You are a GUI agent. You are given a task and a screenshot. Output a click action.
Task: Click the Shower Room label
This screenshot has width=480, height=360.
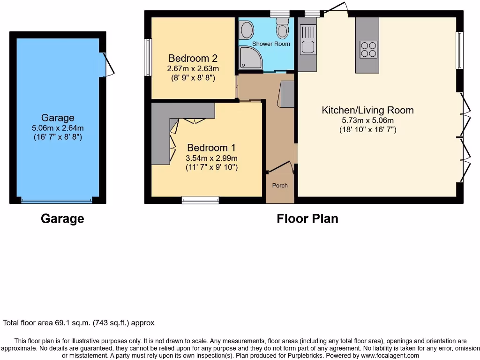tap(271, 44)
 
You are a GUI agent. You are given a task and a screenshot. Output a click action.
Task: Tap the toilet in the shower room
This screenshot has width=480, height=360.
tap(282, 29)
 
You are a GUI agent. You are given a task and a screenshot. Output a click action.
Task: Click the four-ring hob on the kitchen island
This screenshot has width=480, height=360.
tap(368, 50)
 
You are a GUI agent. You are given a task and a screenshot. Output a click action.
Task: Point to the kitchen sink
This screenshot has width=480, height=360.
tap(308, 46)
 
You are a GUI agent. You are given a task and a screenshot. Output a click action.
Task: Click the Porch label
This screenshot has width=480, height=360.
tap(280, 185)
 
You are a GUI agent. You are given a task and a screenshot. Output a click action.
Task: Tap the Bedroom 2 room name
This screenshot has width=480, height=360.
tap(193, 59)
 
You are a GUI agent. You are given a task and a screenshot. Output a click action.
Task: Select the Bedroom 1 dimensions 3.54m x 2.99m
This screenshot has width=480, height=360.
tap(212, 158)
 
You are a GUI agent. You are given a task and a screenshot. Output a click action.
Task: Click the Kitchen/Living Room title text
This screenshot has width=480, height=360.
tap(367, 111)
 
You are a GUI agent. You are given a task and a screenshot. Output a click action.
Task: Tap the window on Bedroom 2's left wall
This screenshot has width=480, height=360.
tap(148, 57)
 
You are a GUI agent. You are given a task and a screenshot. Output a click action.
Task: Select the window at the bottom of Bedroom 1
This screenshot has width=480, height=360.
tap(200, 200)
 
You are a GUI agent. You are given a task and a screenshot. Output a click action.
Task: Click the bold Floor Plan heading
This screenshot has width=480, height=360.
tap(307, 218)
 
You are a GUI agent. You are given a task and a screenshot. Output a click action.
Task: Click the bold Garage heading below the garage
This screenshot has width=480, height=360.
tap(62, 218)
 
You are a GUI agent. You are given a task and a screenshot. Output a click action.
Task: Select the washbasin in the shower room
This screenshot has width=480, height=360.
tap(245, 31)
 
